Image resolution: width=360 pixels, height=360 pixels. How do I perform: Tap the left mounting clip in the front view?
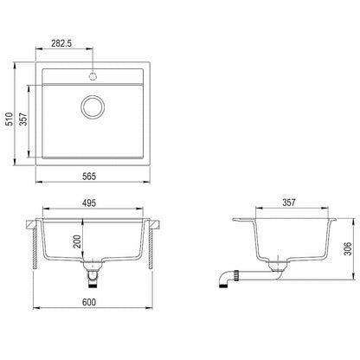(x=35, y=228)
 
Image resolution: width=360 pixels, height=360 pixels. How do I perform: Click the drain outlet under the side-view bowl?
(x=276, y=265)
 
